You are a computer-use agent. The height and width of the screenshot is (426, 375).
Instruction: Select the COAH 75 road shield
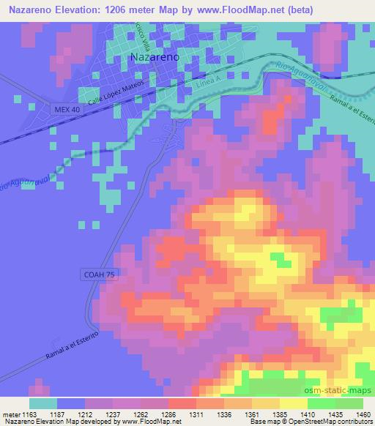(x=98, y=273)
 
